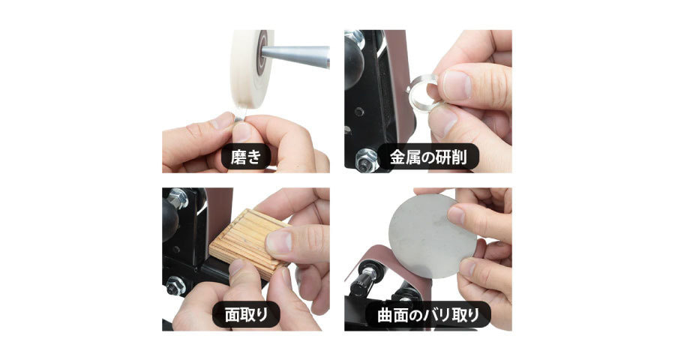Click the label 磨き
(x=246, y=157)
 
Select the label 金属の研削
(x=428, y=157)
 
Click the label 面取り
(x=246, y=314)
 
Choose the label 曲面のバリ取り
(x=428, y=315)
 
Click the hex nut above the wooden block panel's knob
(x=177, y=199)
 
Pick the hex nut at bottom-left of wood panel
(x=175, y=286)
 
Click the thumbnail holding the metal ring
(x=457, y=83)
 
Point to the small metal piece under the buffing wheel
(x=239, y=115)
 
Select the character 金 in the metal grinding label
(x=397, y=157)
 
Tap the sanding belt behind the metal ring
(x=398, y=86)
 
